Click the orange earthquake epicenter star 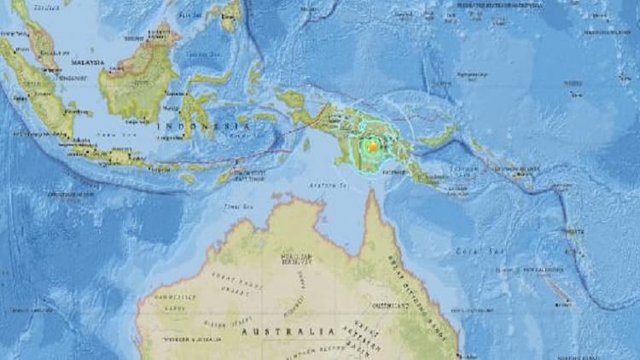(x=372, y=147)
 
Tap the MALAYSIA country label (x=86, y=63)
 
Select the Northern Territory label (x=295, y=259)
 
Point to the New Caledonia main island (x=558, y=289)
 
